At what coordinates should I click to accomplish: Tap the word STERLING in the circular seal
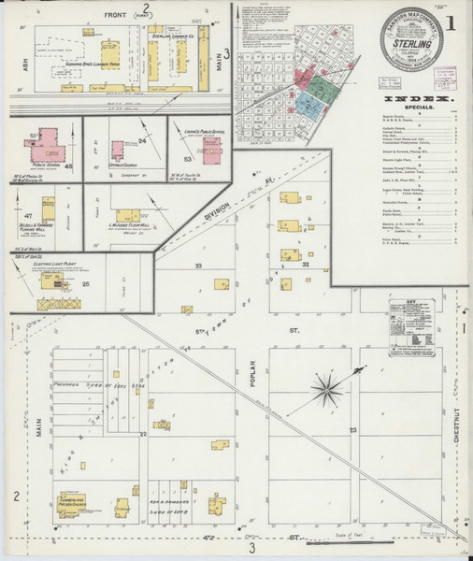(408, 42)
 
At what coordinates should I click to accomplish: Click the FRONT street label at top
(116, 15)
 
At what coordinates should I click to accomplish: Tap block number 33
(198, 266)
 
